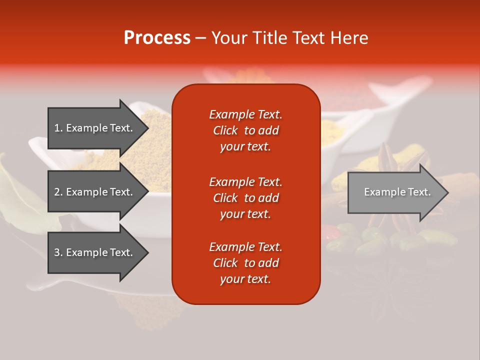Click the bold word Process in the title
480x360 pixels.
pos(157,38)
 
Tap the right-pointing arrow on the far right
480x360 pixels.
pos(397,192)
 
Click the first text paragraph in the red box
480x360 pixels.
pos(245,130)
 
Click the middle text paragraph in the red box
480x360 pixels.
pos(245,198)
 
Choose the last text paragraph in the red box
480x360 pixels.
pos(245,263)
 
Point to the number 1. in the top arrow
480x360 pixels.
pos(58,128)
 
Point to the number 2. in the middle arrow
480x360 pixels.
pos(58,192)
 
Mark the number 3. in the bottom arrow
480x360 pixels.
pos(58,252)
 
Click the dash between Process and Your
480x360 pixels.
pos(201,38)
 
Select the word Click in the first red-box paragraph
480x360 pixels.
pos(225,130)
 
